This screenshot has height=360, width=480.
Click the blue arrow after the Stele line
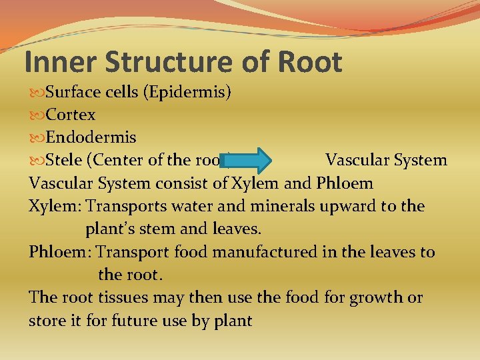coord(251,161)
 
